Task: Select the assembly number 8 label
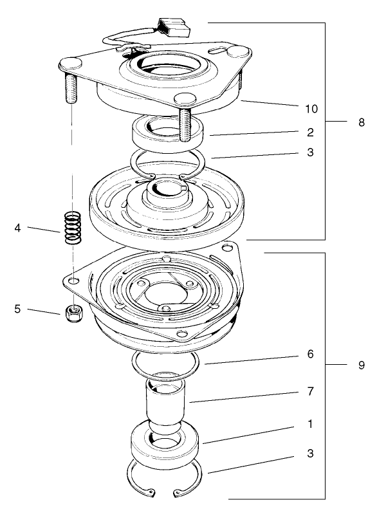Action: tap(361, 122)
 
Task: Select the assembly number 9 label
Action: tap(361, 365)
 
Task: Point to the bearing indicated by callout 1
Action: tap(167, 442)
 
